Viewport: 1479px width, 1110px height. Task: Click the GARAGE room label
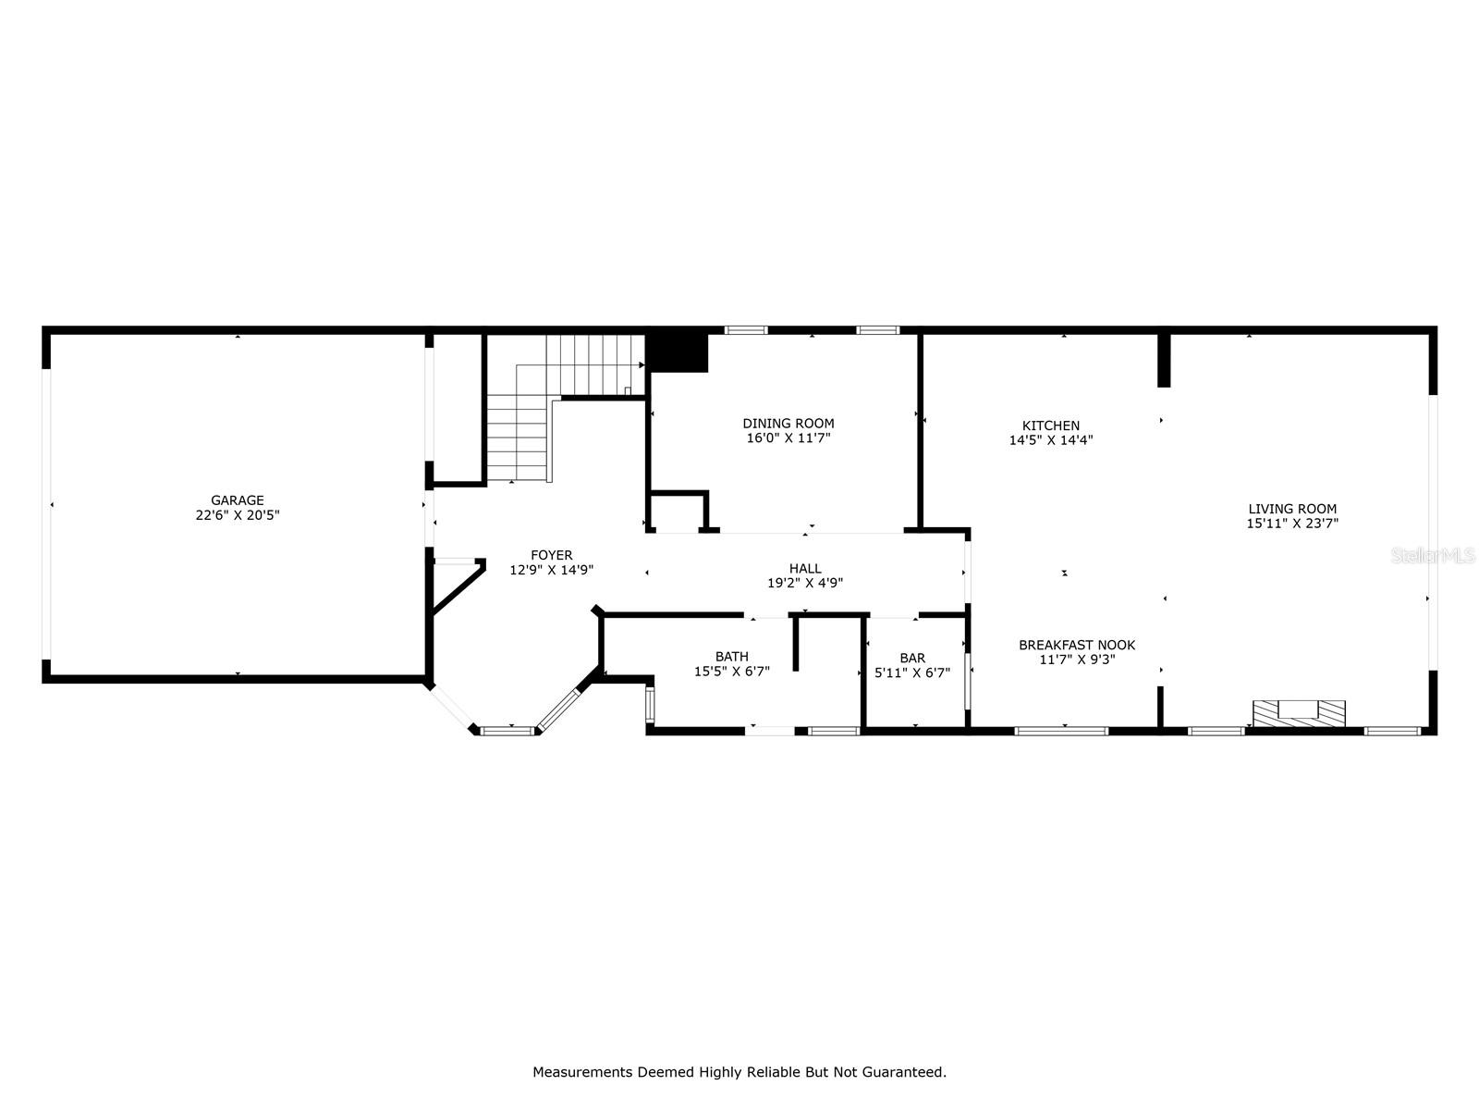click(x=238, y=500)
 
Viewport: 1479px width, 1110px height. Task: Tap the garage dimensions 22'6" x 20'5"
click(x=238, y=515)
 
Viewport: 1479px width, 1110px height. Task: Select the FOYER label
click(x=551, y=555)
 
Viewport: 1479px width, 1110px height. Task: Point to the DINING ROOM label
click(x=788, y=424)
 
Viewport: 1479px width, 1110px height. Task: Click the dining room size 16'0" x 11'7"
click(x=788, y=438)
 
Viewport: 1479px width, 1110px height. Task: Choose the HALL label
click(x=805, y=569)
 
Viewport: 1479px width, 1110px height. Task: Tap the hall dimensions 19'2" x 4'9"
click(x=805, y=584)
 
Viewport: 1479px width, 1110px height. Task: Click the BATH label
click(x=731, y=657)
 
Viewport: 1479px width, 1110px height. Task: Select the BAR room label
click(x=912, y=658)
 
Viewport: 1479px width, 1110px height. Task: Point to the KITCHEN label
click(x=1051, y=426)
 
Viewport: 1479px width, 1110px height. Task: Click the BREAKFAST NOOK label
click(x=1077, y=645)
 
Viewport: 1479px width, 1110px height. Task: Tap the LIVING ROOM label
click(x=1292, y=509)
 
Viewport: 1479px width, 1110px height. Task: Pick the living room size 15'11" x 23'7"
click(x=1292, y=524)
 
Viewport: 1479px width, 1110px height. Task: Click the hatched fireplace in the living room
click(x=1299, y=713)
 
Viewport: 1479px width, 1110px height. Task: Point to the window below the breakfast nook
click(x=1061, y=731)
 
